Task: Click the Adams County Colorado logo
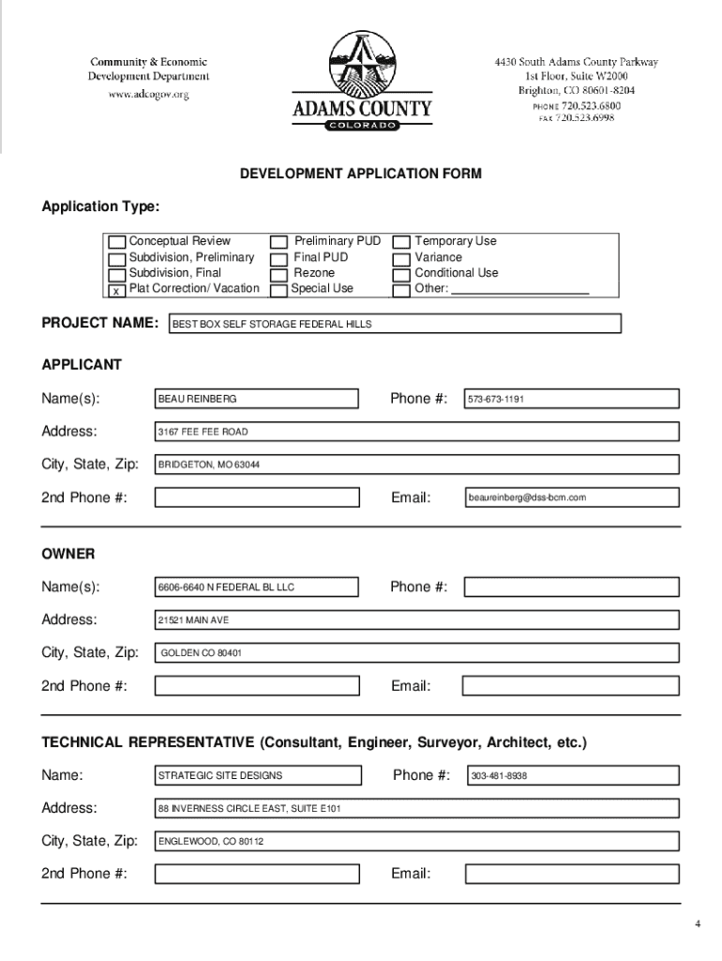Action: point(362,82)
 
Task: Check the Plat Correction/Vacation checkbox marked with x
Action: point(116,290)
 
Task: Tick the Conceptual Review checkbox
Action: point(117,242)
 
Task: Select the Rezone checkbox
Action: point(278,273)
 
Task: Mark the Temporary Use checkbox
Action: point(401,242)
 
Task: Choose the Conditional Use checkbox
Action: point(401,273)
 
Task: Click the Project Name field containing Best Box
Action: point(394,324)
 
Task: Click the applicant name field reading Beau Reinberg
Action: point(256,399)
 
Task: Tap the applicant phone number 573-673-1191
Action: point(571,399)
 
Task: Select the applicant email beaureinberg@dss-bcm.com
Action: point(571,497)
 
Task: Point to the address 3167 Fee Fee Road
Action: point(416,432)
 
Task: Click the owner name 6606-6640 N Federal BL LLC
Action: point(256,587)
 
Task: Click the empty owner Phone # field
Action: point(571,587)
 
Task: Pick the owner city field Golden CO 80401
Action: point(416,652)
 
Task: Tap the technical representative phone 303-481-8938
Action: point(571,775)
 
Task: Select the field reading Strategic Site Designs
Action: point(257,775)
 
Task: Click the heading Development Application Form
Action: point(360,174)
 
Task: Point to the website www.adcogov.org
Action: point(149,95)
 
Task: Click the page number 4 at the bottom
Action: point(698,924)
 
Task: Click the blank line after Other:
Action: point(520,290)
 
